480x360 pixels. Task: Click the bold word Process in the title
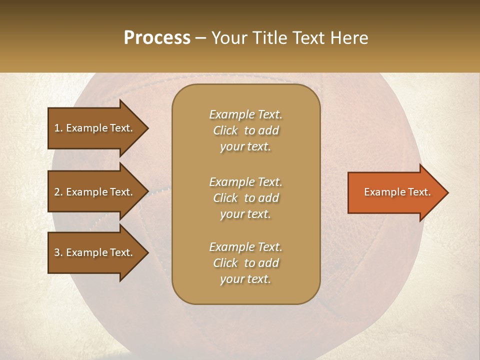pos(157,38)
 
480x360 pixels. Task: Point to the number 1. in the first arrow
pos(58,128)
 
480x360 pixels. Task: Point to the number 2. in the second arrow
pos(58,192)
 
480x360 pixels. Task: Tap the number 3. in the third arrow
pos(58,252)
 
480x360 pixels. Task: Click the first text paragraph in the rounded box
pos(245,130)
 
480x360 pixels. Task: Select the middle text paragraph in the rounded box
pos(245,198)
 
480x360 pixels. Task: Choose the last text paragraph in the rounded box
pos(245,263)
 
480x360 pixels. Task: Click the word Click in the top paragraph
pos(225,130)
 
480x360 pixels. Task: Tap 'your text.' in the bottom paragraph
pos(245,279)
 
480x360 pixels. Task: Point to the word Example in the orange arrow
pos(382,192)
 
